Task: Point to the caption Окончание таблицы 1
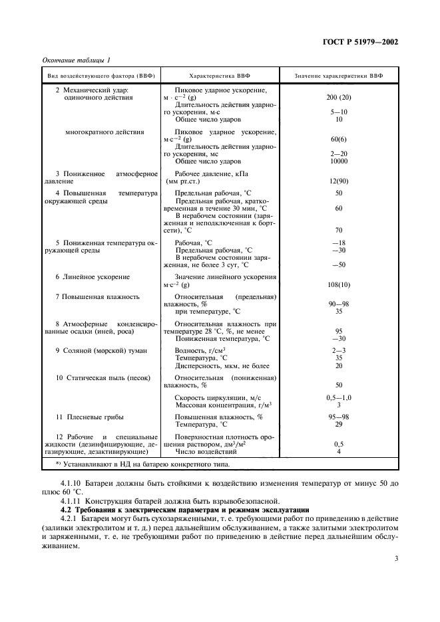click(x=76, y=60)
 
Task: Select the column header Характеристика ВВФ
click(x=219, y=76)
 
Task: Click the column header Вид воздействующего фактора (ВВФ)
click(x=101, y=76)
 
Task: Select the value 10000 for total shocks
click(x=339, y=161)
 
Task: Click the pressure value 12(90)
click(x=339, y=181)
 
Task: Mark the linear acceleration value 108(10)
click(x=339, y=284)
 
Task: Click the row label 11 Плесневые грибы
click(x=89, y=417)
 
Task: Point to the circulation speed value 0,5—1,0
click(x=339, y=397)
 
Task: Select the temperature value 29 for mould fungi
click(x=339, y=424)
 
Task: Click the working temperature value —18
click(x=339, y=243)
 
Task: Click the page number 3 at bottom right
click(x=395, y=558)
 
